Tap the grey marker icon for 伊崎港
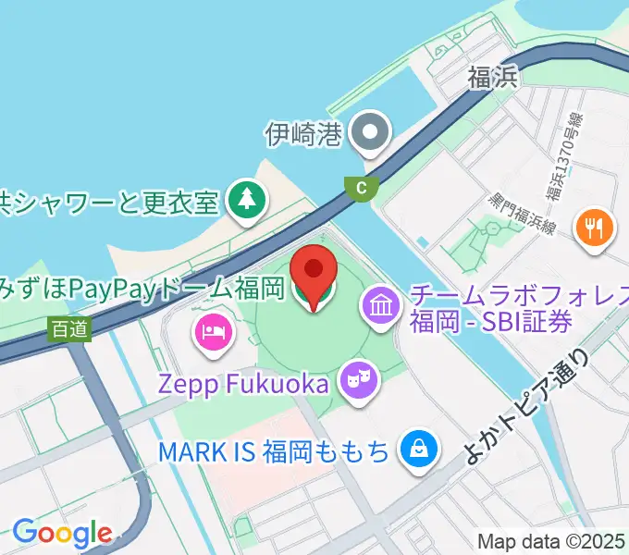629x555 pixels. [x=372, y=134]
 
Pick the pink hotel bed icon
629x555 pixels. [x=212, y=332]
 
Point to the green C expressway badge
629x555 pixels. [x=361, y=187]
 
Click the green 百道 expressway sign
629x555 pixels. [x=71, y=328]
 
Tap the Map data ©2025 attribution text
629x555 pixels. [x=551, y=541]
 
